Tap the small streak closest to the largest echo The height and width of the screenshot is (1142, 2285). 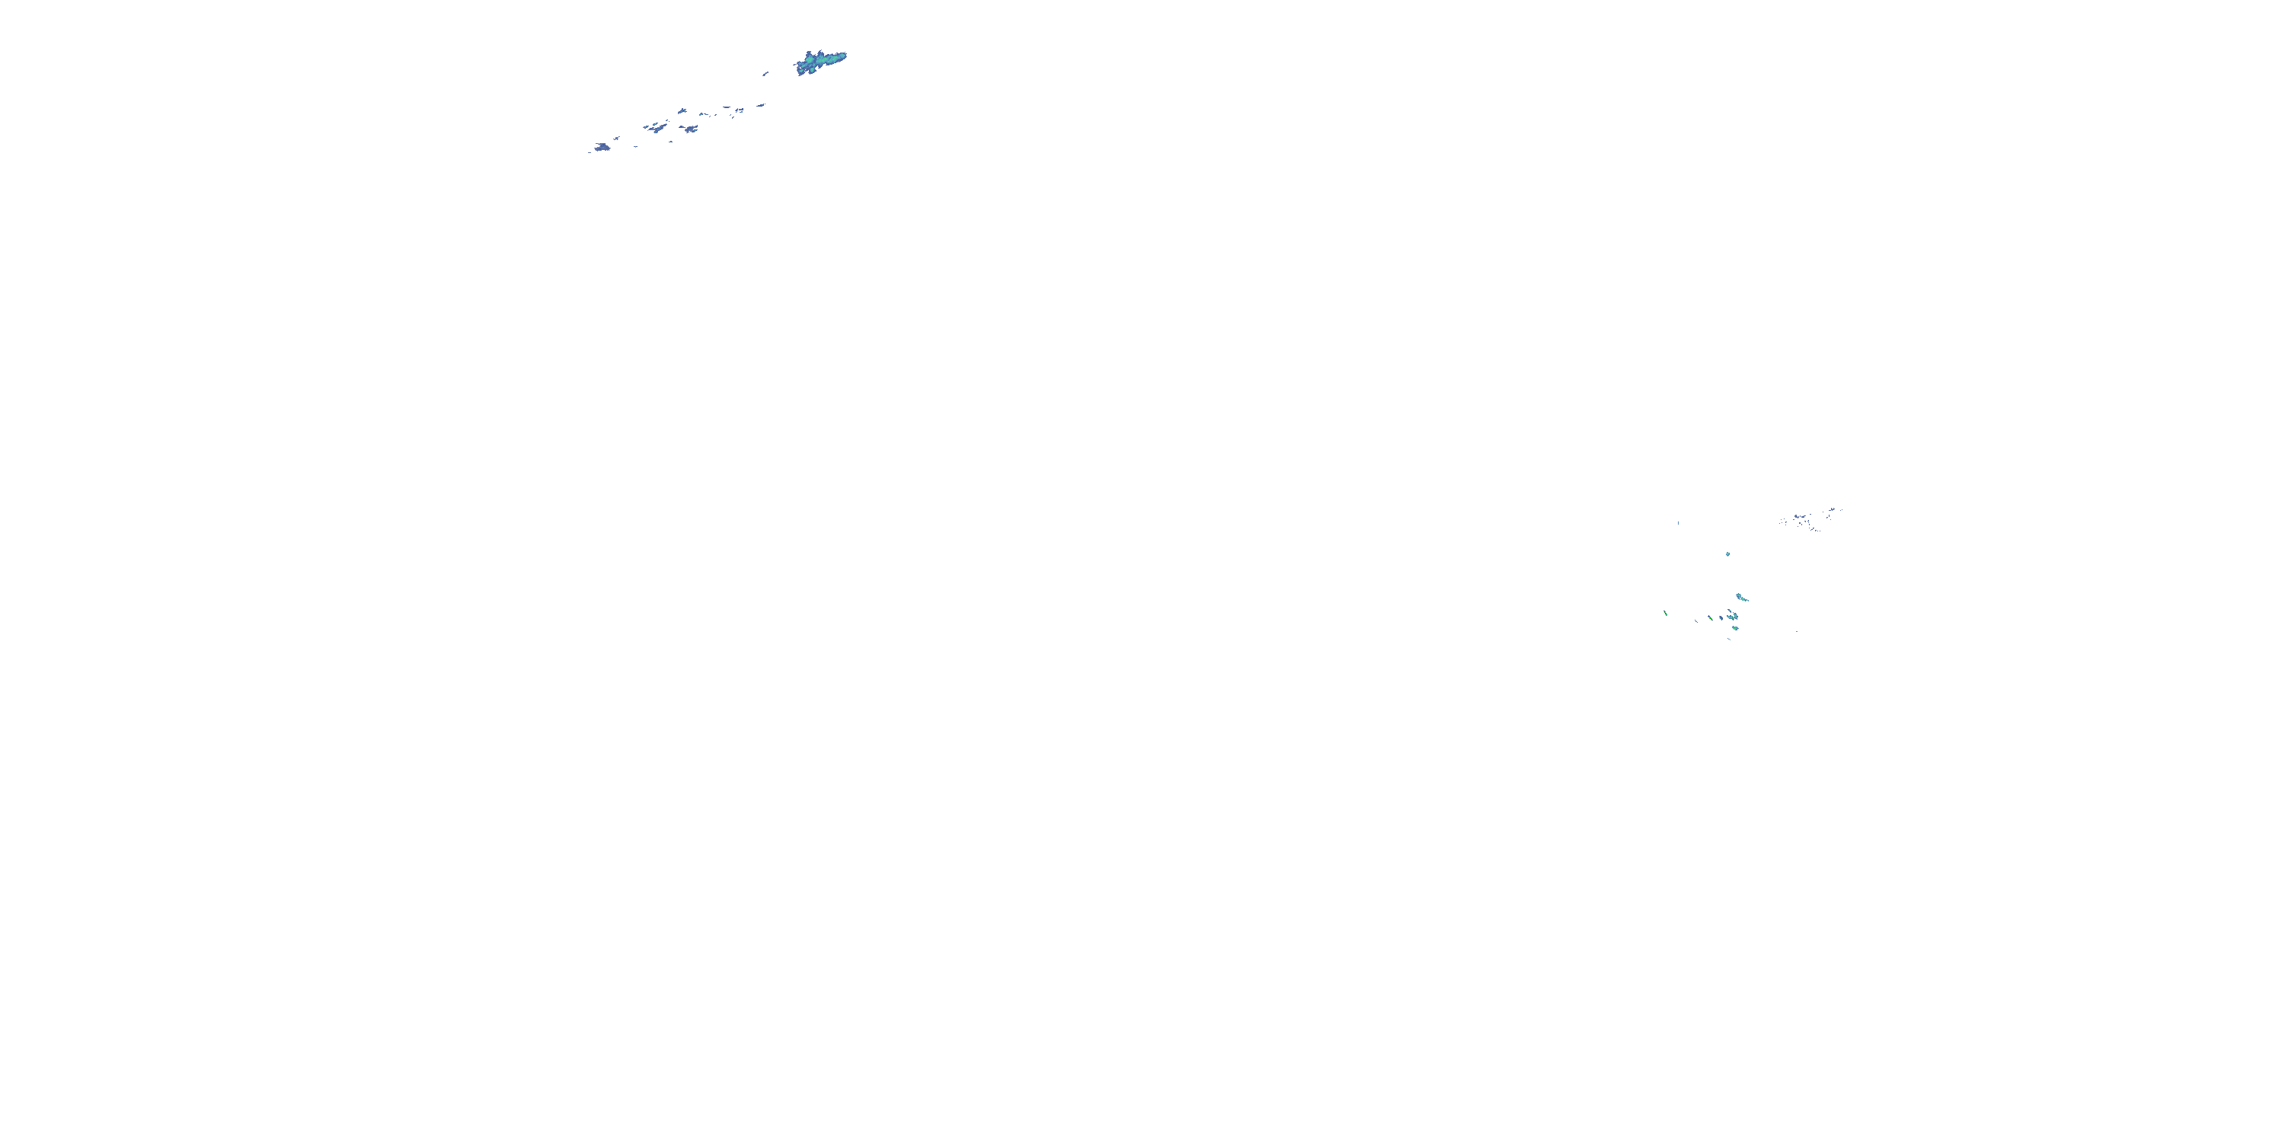tap(765, 74)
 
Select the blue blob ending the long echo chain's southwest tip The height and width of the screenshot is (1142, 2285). tap(602, 146)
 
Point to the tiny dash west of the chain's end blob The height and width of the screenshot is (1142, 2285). tap(589, 152)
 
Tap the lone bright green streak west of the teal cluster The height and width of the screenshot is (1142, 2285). tap(1666, 613)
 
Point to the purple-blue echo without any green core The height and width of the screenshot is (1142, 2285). tap(1721, 618)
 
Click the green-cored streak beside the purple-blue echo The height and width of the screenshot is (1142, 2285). tap(1709, 618)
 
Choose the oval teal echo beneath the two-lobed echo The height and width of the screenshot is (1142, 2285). tap(1734, 628)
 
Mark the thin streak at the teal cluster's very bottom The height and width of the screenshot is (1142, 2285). tap(1729, 639)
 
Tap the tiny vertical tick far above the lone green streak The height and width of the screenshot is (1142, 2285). tap(1678, 523)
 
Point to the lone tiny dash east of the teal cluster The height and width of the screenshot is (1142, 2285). tap(1797, 631)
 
